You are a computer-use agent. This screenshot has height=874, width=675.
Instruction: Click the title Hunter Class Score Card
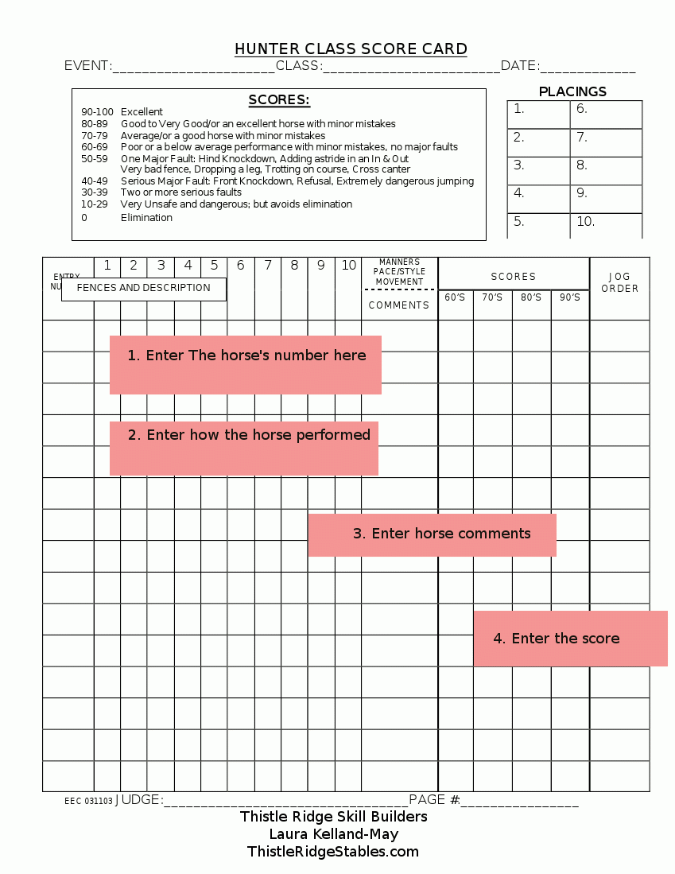351,49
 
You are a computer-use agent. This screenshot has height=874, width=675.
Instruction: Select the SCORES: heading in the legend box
279,100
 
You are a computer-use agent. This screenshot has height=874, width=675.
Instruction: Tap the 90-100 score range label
97,112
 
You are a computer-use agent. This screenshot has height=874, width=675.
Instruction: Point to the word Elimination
146,218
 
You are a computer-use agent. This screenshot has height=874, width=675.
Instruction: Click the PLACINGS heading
572,91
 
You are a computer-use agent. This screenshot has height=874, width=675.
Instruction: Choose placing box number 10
605,223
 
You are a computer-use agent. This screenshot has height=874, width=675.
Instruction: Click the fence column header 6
240,266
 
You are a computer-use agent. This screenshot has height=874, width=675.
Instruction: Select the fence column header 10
348,266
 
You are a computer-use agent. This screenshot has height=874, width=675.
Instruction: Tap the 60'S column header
455,297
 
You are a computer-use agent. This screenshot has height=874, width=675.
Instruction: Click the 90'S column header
570,297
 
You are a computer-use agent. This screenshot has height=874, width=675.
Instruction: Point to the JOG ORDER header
619,282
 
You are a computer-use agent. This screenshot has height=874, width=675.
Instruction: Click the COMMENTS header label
398,305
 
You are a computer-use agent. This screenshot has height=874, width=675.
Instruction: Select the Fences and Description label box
144,288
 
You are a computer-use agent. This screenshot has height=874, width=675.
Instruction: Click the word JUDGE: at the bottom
139,800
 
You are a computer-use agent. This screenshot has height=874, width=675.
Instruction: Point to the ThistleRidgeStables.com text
333,852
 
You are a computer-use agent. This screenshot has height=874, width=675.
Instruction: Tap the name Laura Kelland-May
333,834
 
